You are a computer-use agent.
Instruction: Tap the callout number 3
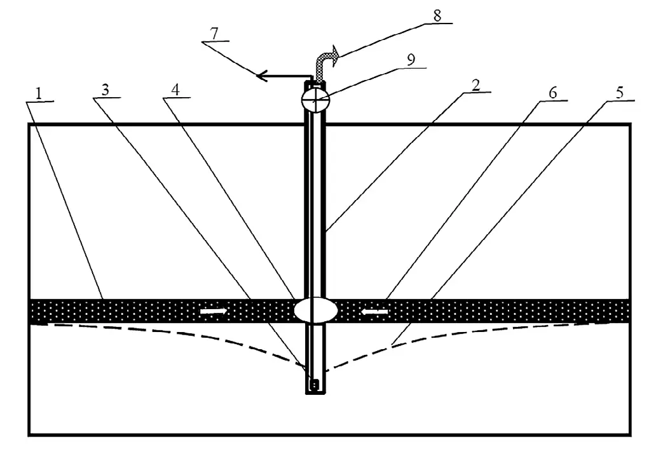(106, 90)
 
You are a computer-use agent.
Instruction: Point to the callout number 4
(175, 90)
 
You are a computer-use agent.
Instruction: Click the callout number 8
(437, 15)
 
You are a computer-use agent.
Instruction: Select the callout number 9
(411, 58)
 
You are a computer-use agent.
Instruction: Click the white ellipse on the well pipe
(316, 311)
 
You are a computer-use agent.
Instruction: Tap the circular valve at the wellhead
(315, 99)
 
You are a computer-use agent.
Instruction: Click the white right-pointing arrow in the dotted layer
(213, 311)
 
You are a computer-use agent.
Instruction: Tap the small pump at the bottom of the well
(313, 384)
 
